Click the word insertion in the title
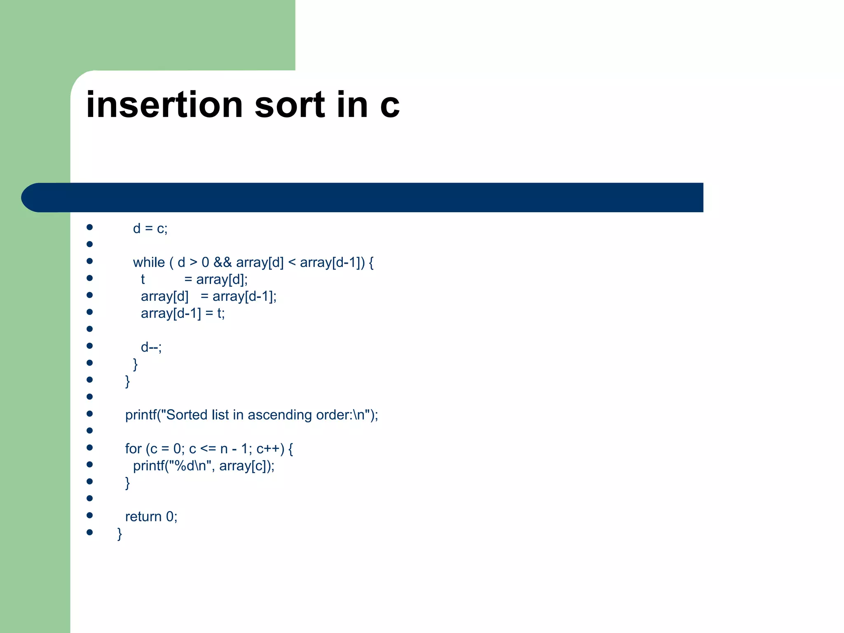[164, 105]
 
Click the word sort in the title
[290, 105]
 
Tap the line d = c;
[150, 229]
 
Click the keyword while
[149, 263]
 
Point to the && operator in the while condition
[223, 263]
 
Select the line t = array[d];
[194, 279]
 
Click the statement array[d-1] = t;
[183, 314]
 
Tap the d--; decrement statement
[151, 347]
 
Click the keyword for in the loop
[133, 449]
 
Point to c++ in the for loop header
[270, 449]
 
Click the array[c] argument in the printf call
[243, 466]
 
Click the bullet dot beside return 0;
[89, 515]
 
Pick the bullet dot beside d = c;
[89, 227]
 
